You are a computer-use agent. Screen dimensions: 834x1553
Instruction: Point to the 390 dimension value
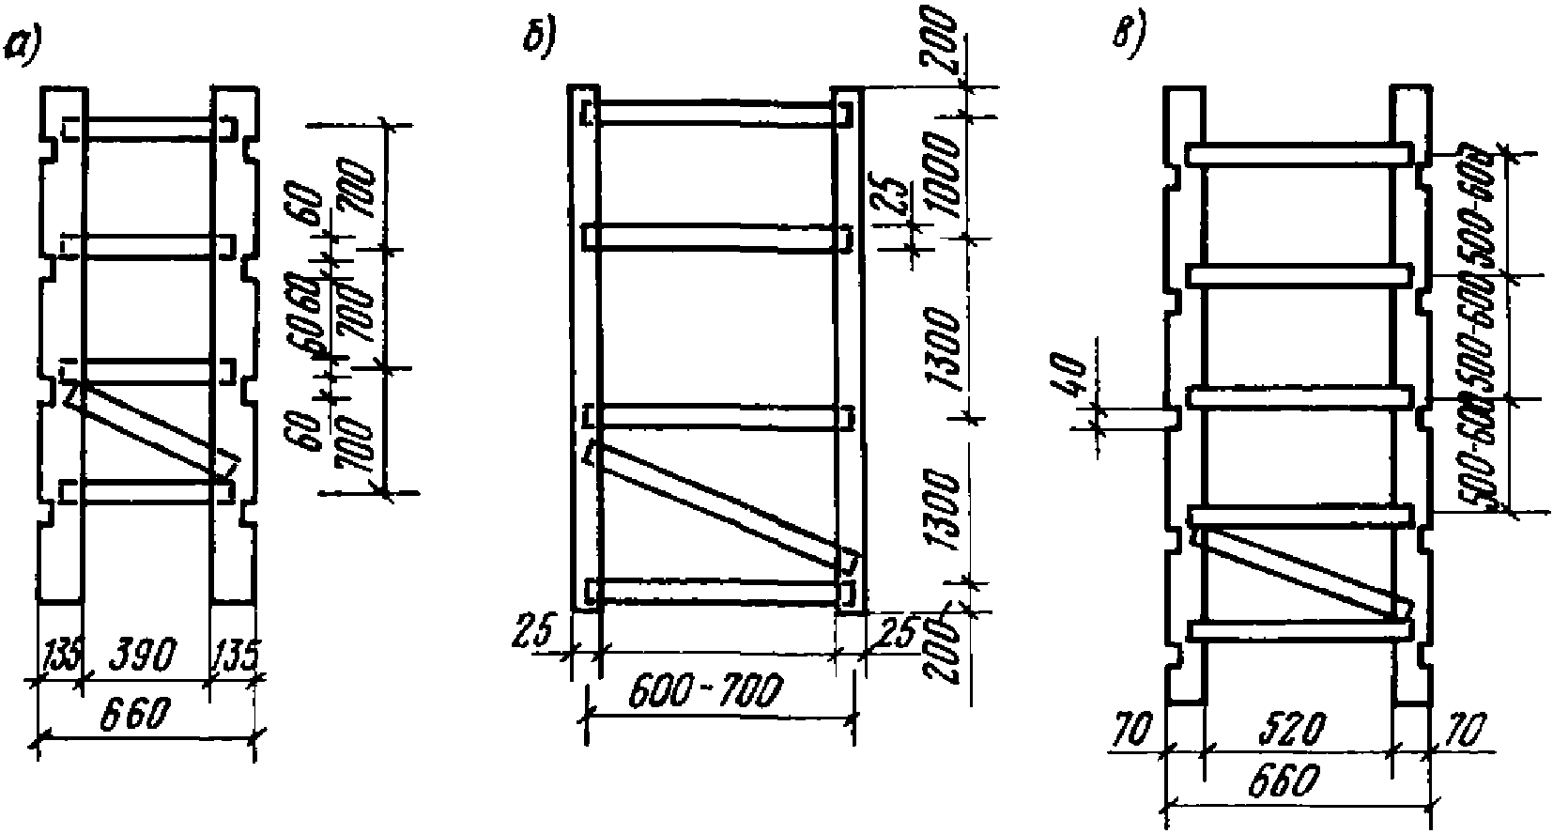[146, 656]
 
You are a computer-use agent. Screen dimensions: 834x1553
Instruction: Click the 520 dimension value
[1297, 728]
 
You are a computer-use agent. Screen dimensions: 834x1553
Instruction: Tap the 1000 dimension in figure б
[945, 175]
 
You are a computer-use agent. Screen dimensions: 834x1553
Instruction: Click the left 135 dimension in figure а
[60, 655]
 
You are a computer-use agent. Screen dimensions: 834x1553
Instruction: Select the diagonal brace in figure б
[718, 507]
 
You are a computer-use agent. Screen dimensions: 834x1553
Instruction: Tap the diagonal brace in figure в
[1300, 573]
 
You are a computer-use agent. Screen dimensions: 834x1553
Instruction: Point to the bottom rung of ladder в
[1299, 628]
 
